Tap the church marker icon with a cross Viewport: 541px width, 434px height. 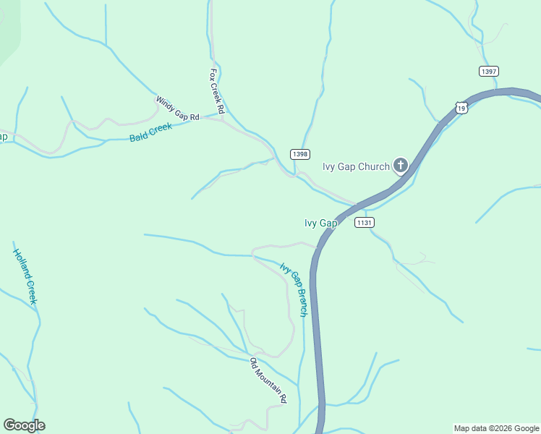pyautogui.click(x=400, y=166)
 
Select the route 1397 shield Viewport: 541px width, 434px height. pyautogui.click(x=488, y=71)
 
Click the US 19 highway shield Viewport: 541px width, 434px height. pyautogui.click(x=462, y=107)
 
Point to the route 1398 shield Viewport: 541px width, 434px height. pyautogui.click(x=300, y=154)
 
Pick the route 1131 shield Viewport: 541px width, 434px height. pyautogui.click(x=365, y=223)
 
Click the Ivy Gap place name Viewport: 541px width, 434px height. pyautogui.click(x=321, y=224)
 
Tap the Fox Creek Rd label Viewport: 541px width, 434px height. pyautogui.click(x=217, y=91)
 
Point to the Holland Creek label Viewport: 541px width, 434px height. pyautogui.click(x=25, y=276)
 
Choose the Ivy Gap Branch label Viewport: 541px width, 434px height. pyautogui.click(x=294, y=290)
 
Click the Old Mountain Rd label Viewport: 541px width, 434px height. pyautogui.click(x=268, y=380)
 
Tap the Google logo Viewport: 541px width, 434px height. pyautogui.click(x=24, y=425)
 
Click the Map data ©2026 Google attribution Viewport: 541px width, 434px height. pyautogui.click(x=497, y=428)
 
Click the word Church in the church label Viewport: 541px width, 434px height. pyautogui.click(x=374, y=166)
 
